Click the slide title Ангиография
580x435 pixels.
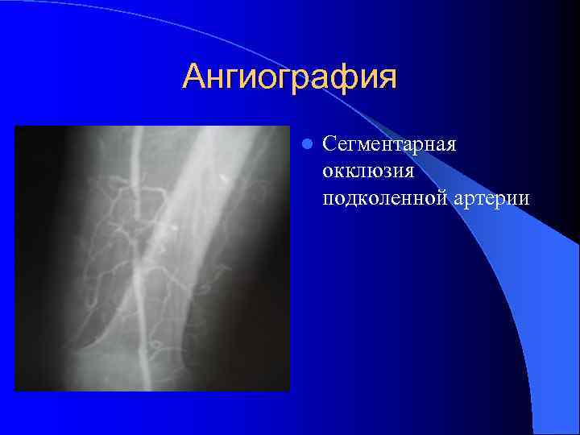[x=289, y=78]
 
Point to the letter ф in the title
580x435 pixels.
[x=331, y=78]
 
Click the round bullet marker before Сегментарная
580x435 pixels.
[x=306, y=145]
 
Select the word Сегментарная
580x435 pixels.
[x=389, y=145]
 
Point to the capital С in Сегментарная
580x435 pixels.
[x=328, y=145]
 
